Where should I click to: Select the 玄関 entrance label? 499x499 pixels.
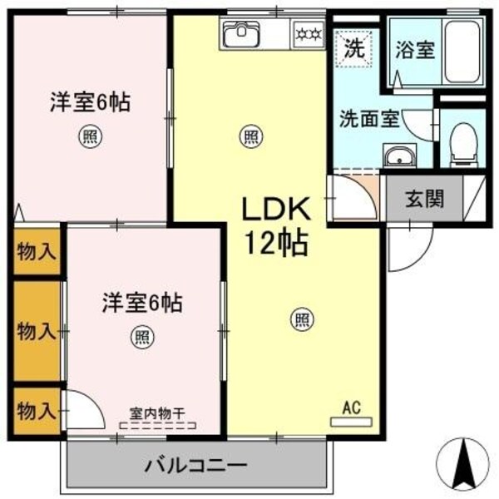point(423,199)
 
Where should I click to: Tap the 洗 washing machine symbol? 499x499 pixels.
point(353,47)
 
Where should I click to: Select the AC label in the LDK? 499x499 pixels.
point(351,408)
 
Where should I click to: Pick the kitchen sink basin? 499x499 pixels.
point(243,36)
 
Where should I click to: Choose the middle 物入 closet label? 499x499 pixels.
point(36,331)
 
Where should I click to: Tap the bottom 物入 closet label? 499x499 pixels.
point(36,410)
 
